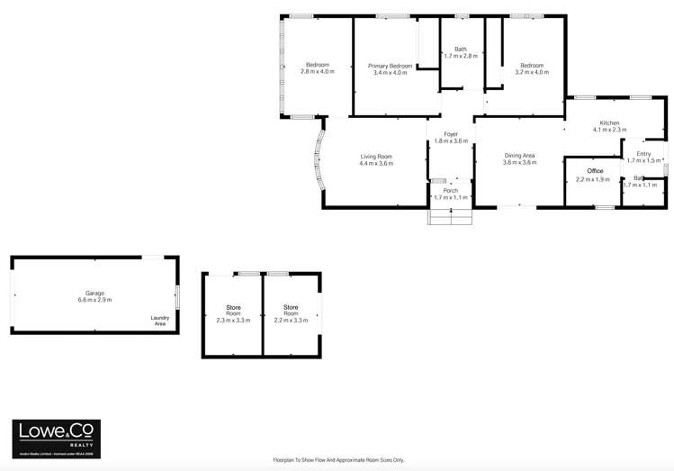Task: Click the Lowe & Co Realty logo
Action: coord(55,439)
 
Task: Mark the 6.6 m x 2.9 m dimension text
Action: coord(94,300)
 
